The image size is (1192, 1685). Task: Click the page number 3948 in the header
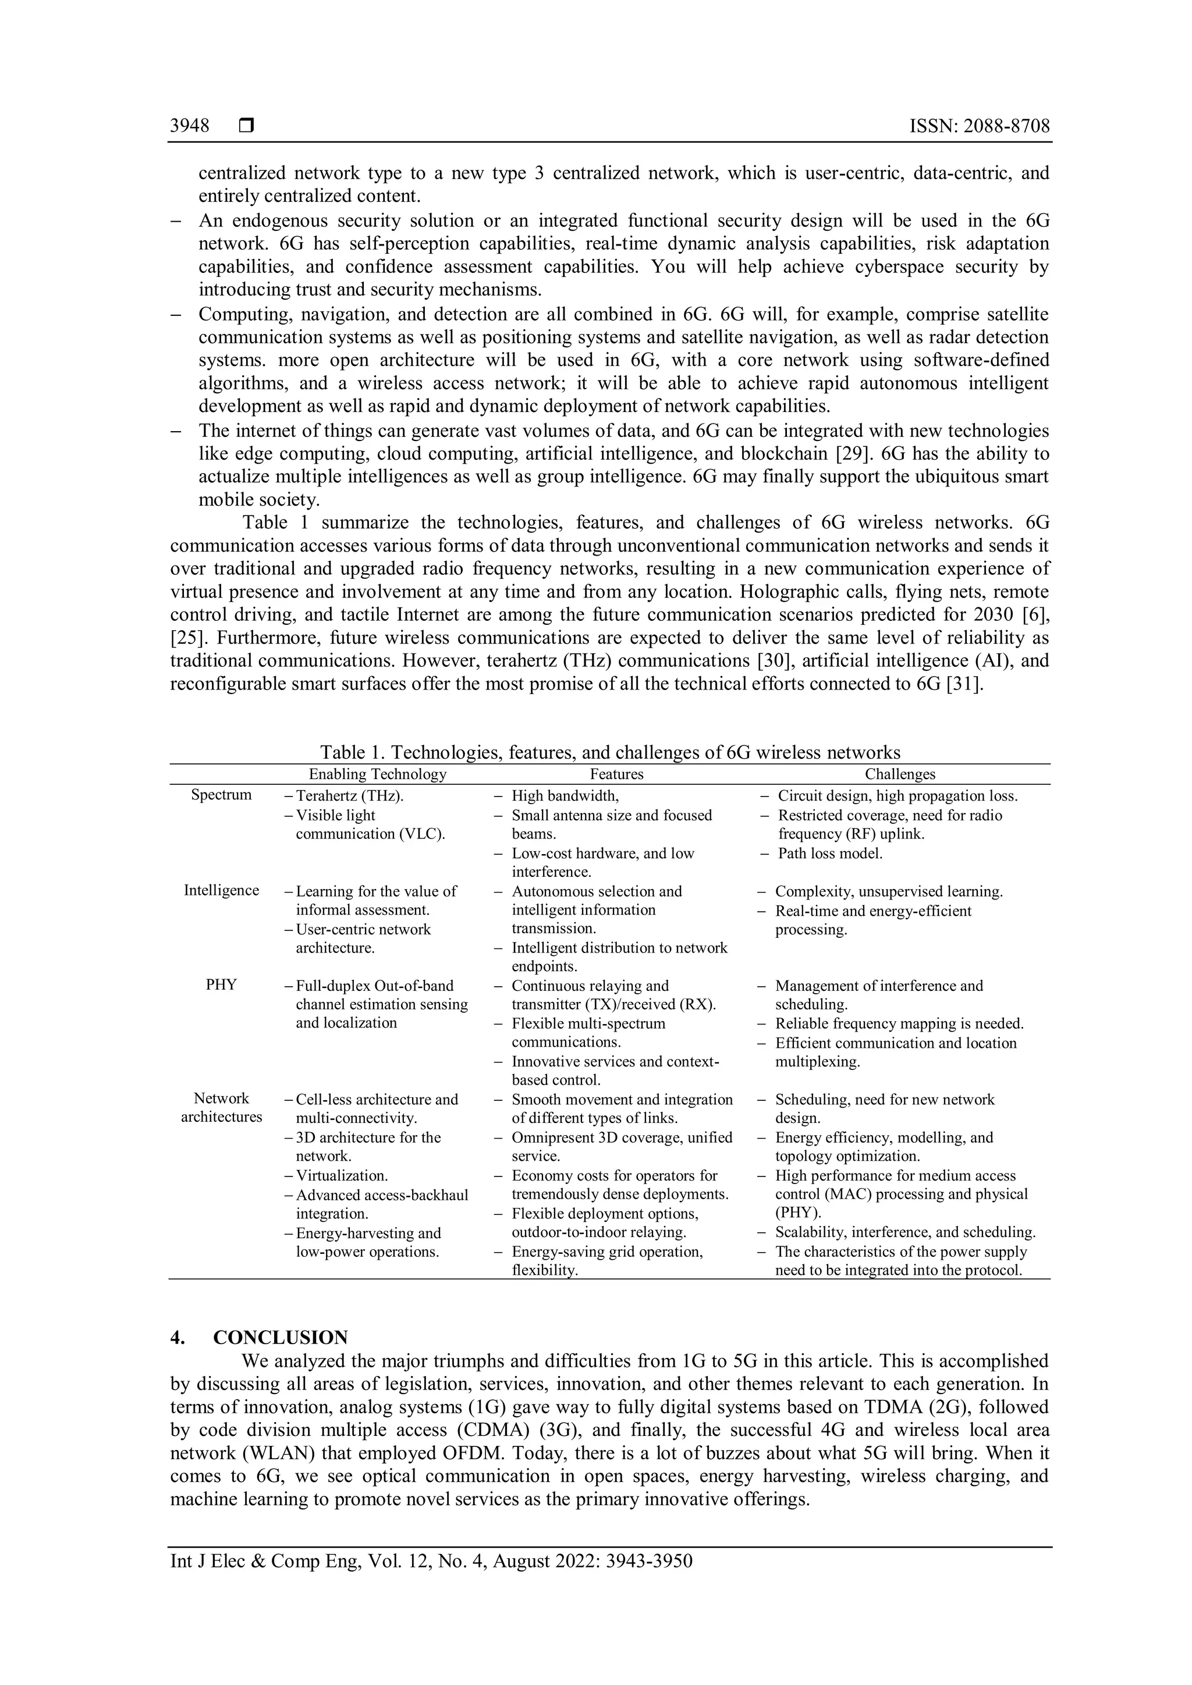(189, 126)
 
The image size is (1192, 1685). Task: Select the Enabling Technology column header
(377, 774)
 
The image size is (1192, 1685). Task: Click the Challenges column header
(900, 774)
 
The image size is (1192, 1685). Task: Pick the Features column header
(616, 774)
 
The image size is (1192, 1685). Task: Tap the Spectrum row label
(221, 795)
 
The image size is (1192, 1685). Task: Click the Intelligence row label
(221, 890)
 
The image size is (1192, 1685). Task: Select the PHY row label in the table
(221, 985)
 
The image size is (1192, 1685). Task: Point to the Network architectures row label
(221, 1107)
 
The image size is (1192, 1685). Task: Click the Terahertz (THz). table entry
(349, 795)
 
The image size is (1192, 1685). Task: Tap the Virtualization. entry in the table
(341, 1176)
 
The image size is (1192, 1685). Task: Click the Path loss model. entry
(829, 854)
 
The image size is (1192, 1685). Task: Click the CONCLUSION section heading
(281, 1338)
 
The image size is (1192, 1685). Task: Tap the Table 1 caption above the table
(609, 752)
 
